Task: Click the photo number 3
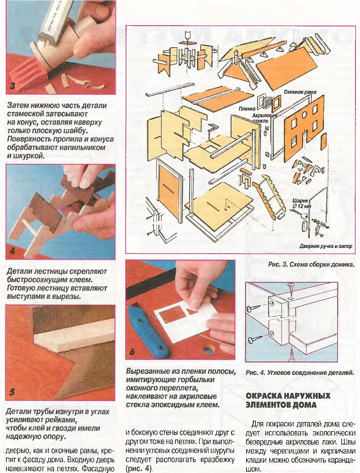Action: pyautogui.click(x=12, y=86)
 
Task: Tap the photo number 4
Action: pyautogui.click(x=12, y=251)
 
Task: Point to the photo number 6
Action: pyautogui.click(x=132, y=352)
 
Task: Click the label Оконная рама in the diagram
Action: pyautogui.click(x=300, y=92)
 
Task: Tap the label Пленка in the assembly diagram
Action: pyautogui.click(x=247, y=109)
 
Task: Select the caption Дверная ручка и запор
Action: pyautogui.click(x=326, y=246)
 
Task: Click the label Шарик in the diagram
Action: pyautogui.click(x=299, y=201)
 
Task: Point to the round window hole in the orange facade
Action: pyautogui.click(x=304, y=115)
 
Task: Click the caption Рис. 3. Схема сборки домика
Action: pyautogui.click(x=311, y=265)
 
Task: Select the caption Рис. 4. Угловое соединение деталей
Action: pyautogui.click(x=300, y=373)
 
